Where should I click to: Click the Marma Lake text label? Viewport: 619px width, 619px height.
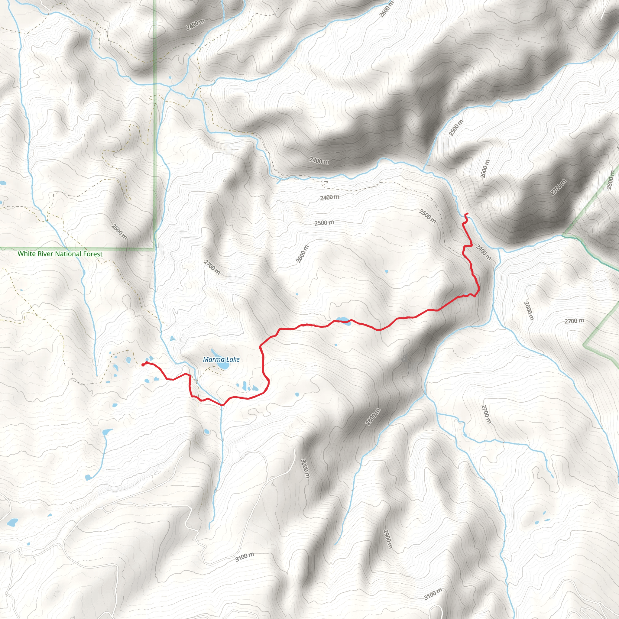221,359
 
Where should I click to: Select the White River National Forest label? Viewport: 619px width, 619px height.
60,254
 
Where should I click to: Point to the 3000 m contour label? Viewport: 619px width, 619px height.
305,468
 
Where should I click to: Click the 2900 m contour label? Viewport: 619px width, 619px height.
388,539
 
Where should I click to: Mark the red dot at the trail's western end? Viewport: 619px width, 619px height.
143,365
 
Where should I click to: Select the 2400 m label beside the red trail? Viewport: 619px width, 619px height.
483,252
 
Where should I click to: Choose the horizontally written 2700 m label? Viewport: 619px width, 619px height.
574,321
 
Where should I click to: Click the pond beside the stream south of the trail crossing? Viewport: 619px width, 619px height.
207,432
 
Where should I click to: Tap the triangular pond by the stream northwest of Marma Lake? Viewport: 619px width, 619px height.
173,338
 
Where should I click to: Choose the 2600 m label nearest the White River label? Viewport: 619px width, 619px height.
119,232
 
